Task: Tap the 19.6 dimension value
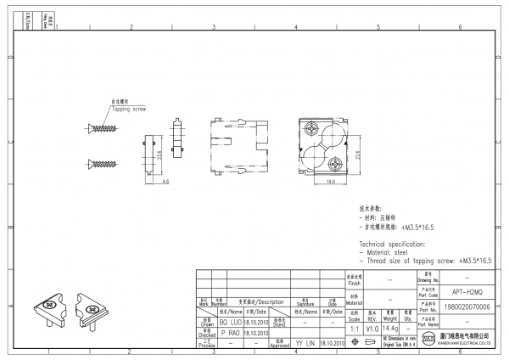point(329,182)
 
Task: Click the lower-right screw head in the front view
point(337,160)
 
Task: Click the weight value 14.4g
point(391,328)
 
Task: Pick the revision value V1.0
point(372,328)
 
